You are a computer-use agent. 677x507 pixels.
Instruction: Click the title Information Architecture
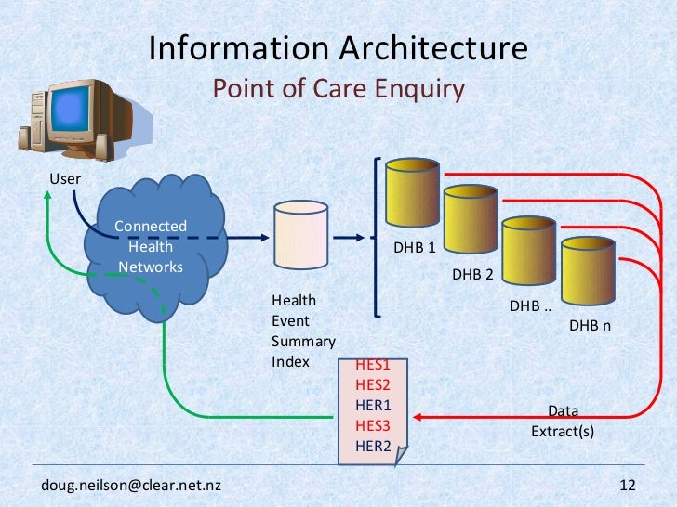pyautogui.click(x=338, y=48)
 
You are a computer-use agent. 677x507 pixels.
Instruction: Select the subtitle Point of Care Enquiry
pyautogui.click(x=338, y=89)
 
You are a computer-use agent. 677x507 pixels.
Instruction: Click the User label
pyautogui.click(x=65, y=178)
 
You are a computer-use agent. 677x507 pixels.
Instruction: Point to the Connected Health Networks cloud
pyautogui.click(x=152, y=246)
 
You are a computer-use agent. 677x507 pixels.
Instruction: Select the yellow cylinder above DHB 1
pyautogui.click(x=412, y=196)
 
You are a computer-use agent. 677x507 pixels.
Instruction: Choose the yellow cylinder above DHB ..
pyautogui.click(x=528, y=256)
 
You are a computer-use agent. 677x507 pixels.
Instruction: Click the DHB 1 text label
pyautogui.click(x=415, y=248)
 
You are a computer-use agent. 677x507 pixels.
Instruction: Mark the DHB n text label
pyautogui.click(x=590, y=326)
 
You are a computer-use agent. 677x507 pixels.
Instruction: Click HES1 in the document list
pyautogui.click(x=373, y=365)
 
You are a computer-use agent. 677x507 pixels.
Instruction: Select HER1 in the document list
pyautogui.click(x=373, y=405)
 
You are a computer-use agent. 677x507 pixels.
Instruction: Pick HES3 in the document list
pyautogui.click(x=373, y=424)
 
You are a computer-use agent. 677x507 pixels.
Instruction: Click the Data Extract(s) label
pyautogui.click(x=562, y=422)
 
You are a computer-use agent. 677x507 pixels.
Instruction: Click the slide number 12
pyautogui.click(x=626, y=486)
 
